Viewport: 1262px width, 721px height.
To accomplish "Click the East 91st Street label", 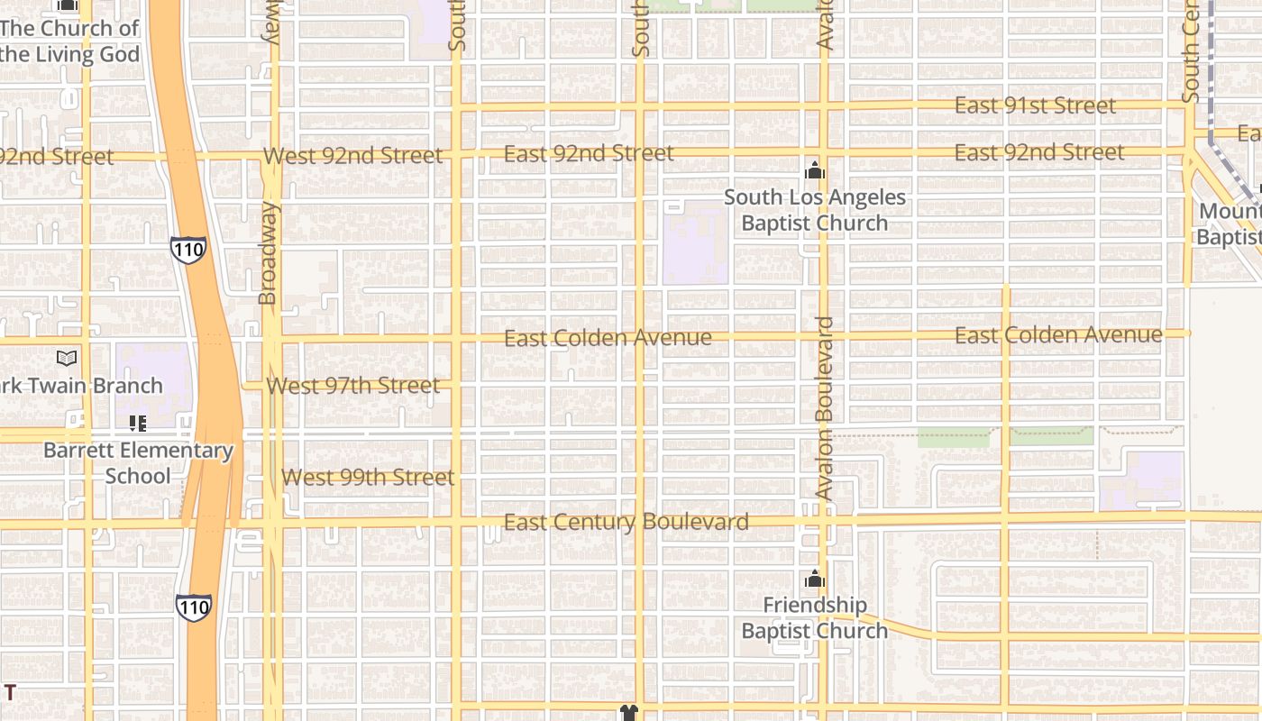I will [1035, 105].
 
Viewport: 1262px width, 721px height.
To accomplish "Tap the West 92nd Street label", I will [352, 156].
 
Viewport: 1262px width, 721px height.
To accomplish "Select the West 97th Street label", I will [352, 386].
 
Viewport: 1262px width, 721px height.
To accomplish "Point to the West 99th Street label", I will [368, 478].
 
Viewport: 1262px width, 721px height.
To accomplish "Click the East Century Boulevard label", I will [626, 522].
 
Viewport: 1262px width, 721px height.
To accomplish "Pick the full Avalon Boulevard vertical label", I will [824, 408].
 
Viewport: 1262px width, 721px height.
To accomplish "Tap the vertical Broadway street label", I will [268, 253].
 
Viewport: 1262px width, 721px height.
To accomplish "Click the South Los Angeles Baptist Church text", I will [815, 210].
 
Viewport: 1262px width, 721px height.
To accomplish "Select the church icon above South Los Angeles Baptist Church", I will [815, 170].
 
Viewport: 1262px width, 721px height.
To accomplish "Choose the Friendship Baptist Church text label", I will [815, 617].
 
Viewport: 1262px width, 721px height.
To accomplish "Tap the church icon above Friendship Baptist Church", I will [815, 579].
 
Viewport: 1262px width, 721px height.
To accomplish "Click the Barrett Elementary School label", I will [138, 463].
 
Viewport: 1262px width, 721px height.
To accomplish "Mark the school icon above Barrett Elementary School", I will [138, 423].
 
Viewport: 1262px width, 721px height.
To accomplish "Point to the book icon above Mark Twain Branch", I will [67, 359].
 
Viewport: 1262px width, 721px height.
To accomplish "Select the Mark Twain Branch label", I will [81, 386].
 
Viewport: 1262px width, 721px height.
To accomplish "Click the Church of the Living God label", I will [70, 41].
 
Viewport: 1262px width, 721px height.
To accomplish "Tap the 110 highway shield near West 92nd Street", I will [188, 250].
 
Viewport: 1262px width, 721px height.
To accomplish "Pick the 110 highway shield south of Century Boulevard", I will [194, 607].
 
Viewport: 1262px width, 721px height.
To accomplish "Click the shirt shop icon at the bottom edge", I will [629, 713].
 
